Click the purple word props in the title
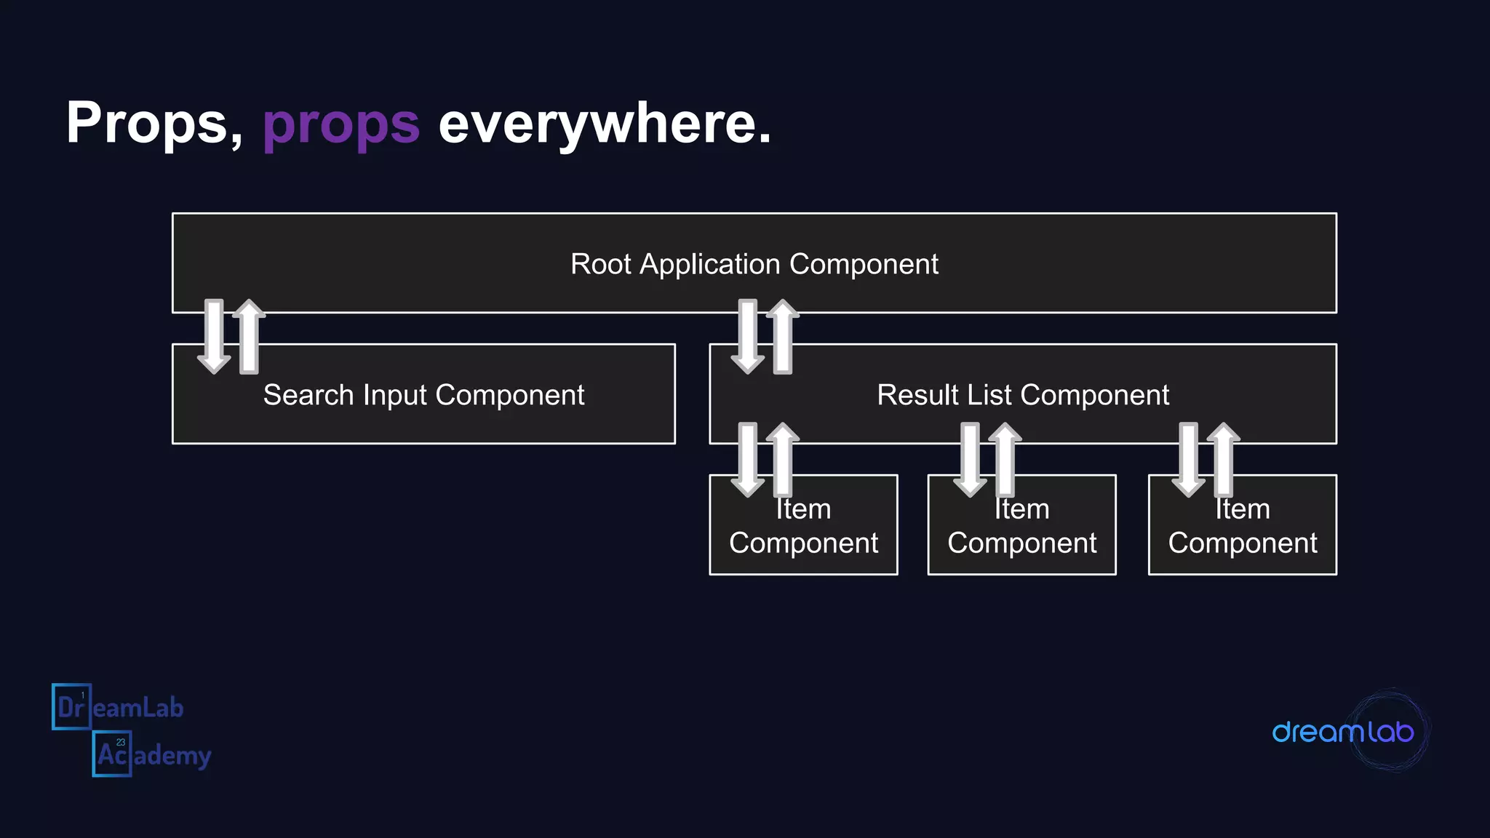(x=340, y=124)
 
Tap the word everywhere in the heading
(x=604, y=124)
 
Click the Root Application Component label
(x=754, y=264)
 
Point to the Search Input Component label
(x=423, y=395)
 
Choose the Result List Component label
(x=1022, y=395)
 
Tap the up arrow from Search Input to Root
(x=249, y=336)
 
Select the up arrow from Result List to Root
(x=783, y=336)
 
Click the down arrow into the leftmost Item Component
(x=747, y=459)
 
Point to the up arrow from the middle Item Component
(x=1005, y=459)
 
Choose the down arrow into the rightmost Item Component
(x=1188, y=459)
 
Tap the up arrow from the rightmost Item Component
(x=1224, y=459)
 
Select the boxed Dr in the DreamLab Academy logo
(x=71, y=706)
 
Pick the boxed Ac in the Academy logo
(x=112, y=754)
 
